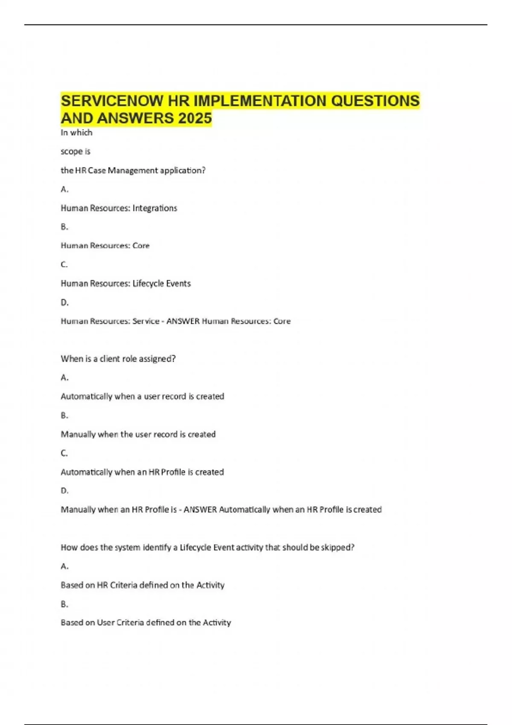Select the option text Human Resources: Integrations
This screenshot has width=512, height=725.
tap(119, 208)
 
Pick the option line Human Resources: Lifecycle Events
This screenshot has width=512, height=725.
tap(125, 284)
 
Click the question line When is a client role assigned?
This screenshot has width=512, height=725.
tap(118, 359)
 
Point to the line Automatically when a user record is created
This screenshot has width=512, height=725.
tap(142, 397)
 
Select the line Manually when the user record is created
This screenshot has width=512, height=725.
tap(138, 435)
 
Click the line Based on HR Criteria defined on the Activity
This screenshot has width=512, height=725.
tap(142, 585)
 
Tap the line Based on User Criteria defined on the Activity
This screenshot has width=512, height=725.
tap(145, 623)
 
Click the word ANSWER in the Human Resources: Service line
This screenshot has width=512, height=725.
tap(183, 321)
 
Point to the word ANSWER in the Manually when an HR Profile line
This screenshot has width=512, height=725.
tap(200, 510)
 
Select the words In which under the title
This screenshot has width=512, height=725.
tap(76, 133)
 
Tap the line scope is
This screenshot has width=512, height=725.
tap(76, 151)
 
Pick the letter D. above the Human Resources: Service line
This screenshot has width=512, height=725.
tap(64, 302)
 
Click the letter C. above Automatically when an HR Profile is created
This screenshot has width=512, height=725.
tap(64, 453)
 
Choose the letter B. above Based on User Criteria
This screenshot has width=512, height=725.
tap(64, 604)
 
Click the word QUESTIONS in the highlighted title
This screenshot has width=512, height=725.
tap(375, 101)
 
